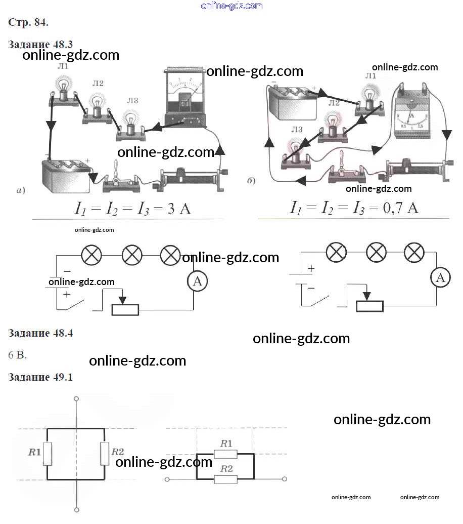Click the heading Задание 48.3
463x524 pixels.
point(40,44)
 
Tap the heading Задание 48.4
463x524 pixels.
point(40,333)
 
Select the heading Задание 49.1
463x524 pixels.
point(40,377)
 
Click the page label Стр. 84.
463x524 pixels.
point(28,22)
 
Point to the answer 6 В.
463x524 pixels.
point(17,355)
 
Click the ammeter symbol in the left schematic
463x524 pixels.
point(197,282)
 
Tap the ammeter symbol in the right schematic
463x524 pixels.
point(441,277)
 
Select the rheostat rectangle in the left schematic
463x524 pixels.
point(125,309)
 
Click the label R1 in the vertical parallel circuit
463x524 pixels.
point(34,452)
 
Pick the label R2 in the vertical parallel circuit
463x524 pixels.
point(117,452)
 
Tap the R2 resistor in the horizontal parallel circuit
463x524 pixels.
point(225,479)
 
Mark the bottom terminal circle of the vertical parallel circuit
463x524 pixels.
point(76,510)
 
